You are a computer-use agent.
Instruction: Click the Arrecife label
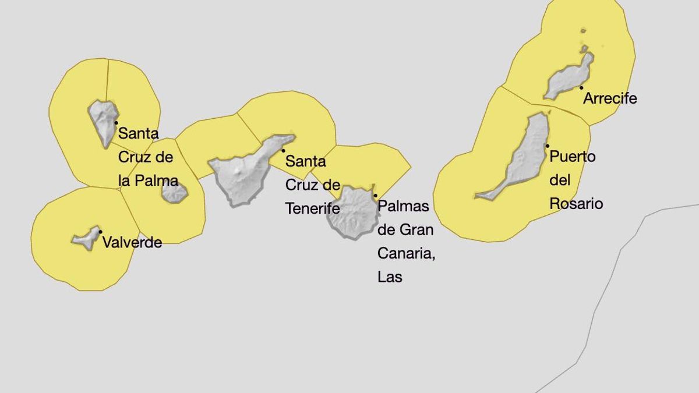pyautogui.click(x=610, y=98)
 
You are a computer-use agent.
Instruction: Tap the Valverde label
pyautogui.click(x=132, y=243)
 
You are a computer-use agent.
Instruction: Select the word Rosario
pyautogui.click(x=576, y=204)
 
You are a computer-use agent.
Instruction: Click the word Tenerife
pyautogui.click(x=312, y=208)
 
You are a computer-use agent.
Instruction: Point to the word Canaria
pyautogui.click(x=406, y=253)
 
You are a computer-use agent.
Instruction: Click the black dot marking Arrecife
pyautogui.click(x=581, y=88)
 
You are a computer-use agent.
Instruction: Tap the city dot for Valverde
pyautogui.click(x=101, y=232)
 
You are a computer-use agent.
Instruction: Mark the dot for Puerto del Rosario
pyautogui.click(x=548, y=146)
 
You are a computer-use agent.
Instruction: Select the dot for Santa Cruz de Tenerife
pyautogui.click(x=284, y=151)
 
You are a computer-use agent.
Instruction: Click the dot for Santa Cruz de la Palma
pyautogui.click(x=116, y=123)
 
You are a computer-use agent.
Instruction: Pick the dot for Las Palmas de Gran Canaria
pyautogui.click(x=376, y=196)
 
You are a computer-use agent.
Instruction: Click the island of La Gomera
pyautogui.click(x=174, y=193)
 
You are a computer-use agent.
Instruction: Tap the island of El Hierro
pyautogui.click(x=86, y=238)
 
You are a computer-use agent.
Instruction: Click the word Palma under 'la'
pyautogui.click(x=157, y=180)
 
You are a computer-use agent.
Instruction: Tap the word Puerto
pyautogui.click(x=573, y=157)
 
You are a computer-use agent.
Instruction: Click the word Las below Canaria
pyautogui.click(x=390, y=277)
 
